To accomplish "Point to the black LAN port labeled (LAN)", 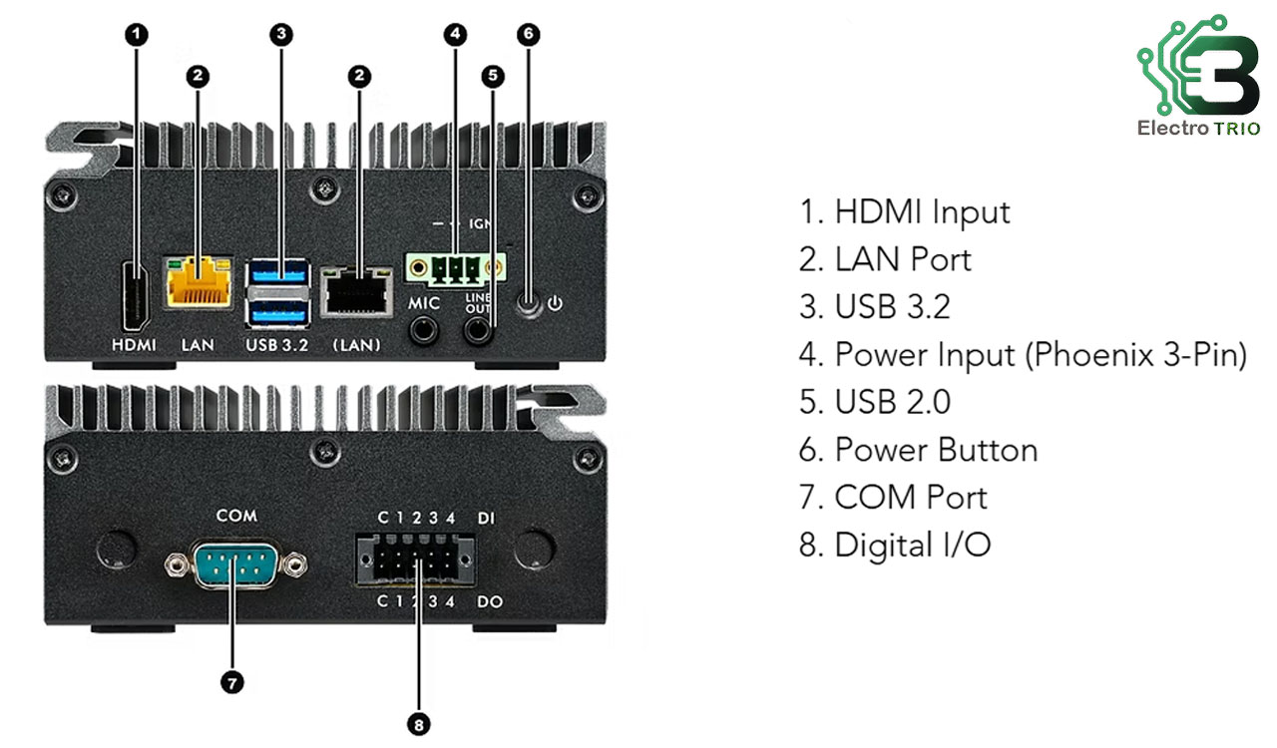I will click(355, 295).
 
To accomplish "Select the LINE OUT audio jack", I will click(479, 328).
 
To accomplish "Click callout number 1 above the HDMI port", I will click(137, 34).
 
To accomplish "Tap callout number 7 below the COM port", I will click(231, 682).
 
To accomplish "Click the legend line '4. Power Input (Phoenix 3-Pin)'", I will click(1023, 354).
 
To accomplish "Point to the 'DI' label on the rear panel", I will click(486, 518).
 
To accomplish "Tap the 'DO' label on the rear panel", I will click(489, 602).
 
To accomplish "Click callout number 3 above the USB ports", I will click(281, 34).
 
